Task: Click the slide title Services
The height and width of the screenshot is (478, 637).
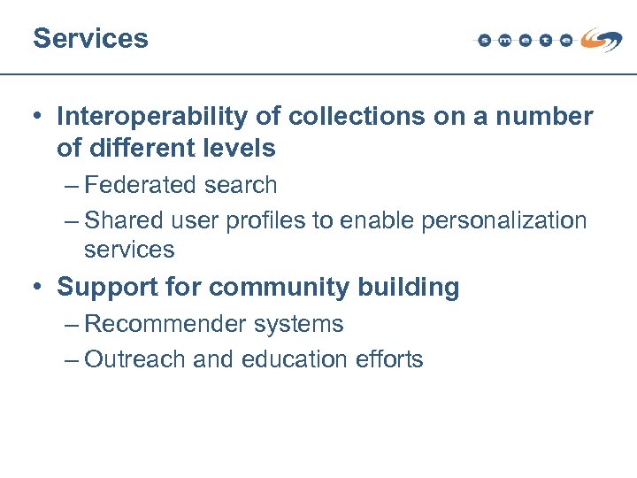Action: pyautogui.click(x=90, y=38)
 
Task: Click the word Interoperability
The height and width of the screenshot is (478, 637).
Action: pyautogui.click(x=147, y=117)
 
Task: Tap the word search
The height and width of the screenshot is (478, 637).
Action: pyautogui.click(x=242, y=185)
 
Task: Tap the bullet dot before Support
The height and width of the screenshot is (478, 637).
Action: pyautogui.click(x=39, y=288)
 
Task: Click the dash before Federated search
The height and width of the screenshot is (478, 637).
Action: pyautogui.click(x=72, y=186)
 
